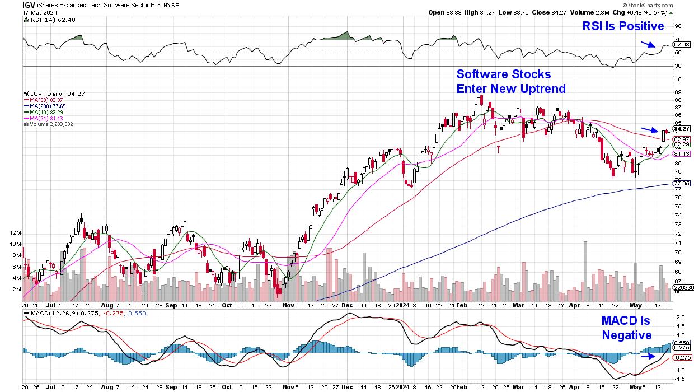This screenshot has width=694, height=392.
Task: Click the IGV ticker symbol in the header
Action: click(29, 4)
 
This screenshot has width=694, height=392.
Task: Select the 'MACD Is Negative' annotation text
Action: click(626, 328)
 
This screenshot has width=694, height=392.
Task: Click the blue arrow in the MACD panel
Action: click(648, 356)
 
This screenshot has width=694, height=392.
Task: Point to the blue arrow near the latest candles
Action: click(649, 130)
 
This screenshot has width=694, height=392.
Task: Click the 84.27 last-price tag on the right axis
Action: click(681, 129)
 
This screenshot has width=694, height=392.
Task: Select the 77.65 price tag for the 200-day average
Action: click(681, 183)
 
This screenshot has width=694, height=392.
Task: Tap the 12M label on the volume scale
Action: click(16, 232)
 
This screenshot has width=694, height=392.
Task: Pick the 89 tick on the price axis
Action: click(677, 91)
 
